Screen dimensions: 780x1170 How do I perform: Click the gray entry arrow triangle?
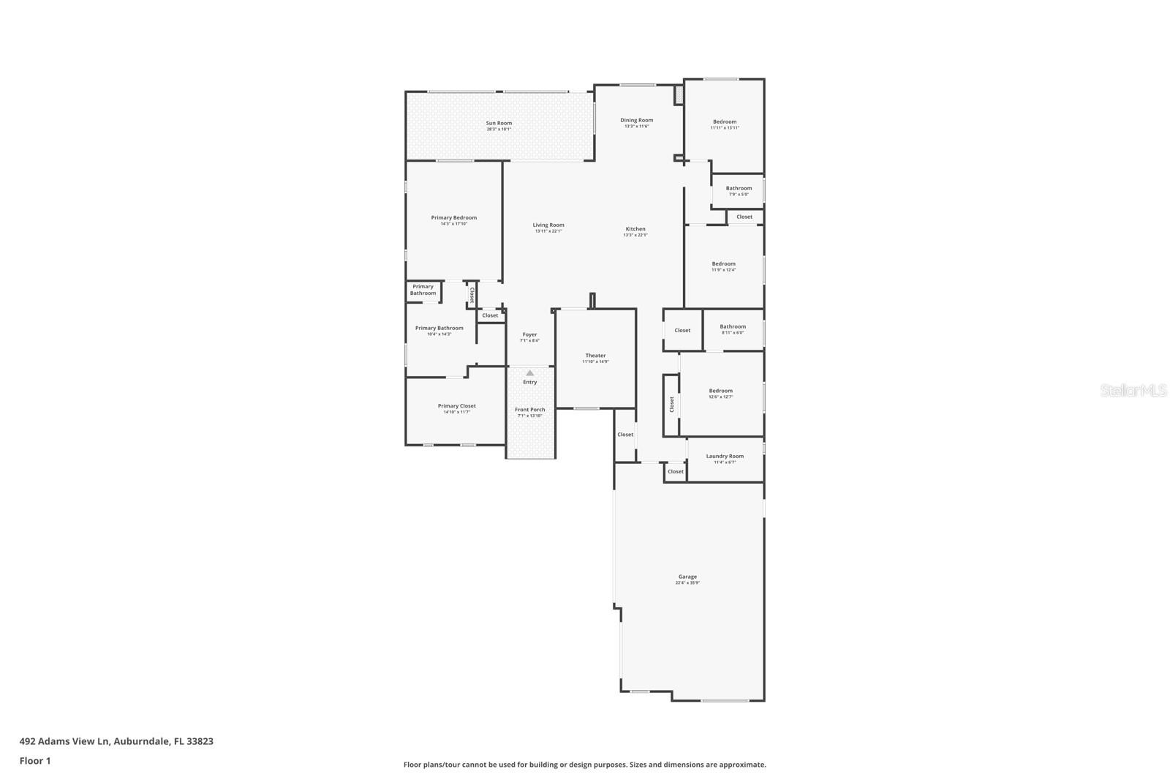coord(529,373)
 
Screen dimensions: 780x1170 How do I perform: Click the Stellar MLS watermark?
coord(1133,391)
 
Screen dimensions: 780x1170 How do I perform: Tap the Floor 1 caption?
coord(35,761)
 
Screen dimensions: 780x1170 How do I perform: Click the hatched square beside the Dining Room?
coord(678,95)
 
